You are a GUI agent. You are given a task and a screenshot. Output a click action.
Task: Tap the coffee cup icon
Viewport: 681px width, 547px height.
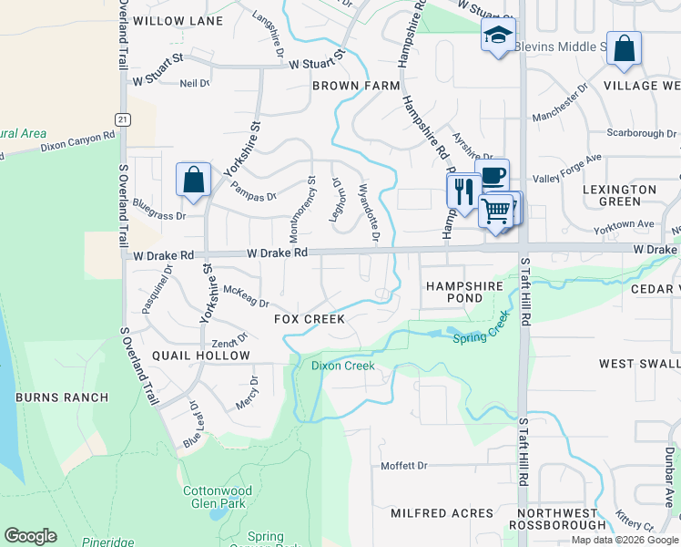click(493, 176)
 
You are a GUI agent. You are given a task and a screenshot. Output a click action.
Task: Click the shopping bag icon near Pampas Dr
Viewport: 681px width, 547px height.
click(194, 180)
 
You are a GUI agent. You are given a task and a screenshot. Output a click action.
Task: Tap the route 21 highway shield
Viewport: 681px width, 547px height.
click(121, 119)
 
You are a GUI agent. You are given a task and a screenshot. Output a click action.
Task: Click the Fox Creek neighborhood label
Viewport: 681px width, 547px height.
click(310, 319)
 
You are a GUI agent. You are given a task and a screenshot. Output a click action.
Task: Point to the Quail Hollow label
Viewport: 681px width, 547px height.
click(188, 356)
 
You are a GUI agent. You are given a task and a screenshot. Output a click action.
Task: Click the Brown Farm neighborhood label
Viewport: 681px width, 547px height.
click(356, 86)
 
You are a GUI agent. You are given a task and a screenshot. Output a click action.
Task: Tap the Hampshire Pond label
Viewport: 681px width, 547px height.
click(464, 292)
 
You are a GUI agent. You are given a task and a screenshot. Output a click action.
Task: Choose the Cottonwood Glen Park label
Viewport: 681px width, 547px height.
click(218, 497)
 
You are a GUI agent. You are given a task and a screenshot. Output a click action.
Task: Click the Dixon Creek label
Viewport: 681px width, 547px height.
click(342, 366)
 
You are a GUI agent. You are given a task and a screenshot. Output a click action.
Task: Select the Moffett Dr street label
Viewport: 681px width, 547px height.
click(403, 466)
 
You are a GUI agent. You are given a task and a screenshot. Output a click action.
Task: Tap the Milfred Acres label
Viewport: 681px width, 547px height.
click(429, 513)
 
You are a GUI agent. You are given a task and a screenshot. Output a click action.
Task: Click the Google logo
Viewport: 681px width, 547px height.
click(30, 536)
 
